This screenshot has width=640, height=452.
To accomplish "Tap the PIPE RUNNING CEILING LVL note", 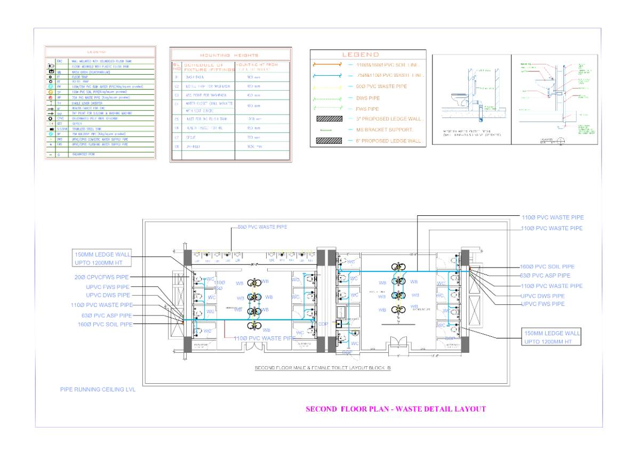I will click(x=98, y=390).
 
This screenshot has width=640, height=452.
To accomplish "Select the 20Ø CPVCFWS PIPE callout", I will click(x=102, y=277).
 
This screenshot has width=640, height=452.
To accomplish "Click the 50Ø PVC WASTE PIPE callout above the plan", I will click(x=262, y=227).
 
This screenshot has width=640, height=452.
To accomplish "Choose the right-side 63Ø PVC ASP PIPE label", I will click(x=545, y=276).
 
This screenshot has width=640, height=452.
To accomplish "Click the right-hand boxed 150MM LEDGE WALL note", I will click(x=551, y=337).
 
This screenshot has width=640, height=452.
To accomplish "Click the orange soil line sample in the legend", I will click(x=327, y=64).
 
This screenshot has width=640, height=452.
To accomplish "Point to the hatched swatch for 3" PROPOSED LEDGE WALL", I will click(x=327, y=119).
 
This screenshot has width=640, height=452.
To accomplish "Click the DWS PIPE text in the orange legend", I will click(x=368, y=98).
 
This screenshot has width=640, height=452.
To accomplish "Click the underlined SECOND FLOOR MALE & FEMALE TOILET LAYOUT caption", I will click(x=323, y=368).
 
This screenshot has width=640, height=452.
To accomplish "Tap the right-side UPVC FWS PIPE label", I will click(x=542, y=304).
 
